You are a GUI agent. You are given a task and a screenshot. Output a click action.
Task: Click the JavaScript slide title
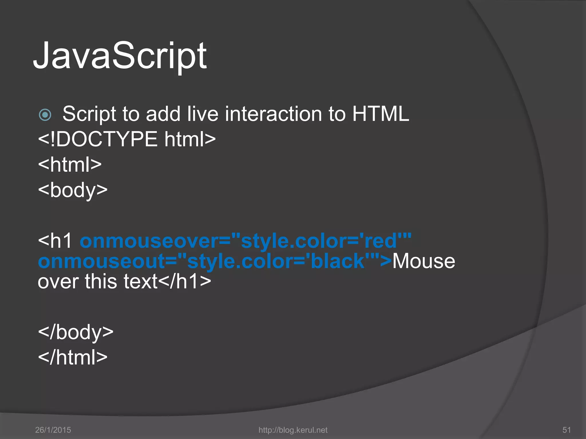(120, 56)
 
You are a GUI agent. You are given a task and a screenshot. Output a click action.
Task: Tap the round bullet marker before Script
(45, 115)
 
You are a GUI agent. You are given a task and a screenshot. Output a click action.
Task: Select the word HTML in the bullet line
(380, 114)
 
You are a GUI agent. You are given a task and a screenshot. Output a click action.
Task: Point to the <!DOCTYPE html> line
(127, 139)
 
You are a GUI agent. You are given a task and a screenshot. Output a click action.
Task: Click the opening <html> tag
(70, 165)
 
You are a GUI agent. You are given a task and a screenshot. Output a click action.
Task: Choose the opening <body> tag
(73, 190)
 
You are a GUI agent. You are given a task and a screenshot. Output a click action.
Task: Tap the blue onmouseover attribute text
(245, 241)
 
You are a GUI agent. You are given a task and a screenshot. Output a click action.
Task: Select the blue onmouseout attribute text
(215, 261)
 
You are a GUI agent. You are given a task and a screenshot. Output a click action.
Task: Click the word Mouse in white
(423, 261)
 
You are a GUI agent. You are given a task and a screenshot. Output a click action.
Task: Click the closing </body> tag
(76, 332)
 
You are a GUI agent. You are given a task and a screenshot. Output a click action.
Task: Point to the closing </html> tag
(73, 358)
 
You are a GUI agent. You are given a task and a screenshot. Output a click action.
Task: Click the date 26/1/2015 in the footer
(53, 430)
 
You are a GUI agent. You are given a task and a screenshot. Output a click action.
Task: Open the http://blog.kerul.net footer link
(293, 430)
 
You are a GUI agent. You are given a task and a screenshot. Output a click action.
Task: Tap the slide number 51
(567, 430)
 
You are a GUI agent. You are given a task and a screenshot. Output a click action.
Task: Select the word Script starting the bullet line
(89, 114)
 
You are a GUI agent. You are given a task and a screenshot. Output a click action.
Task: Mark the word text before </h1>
(140, 282)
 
